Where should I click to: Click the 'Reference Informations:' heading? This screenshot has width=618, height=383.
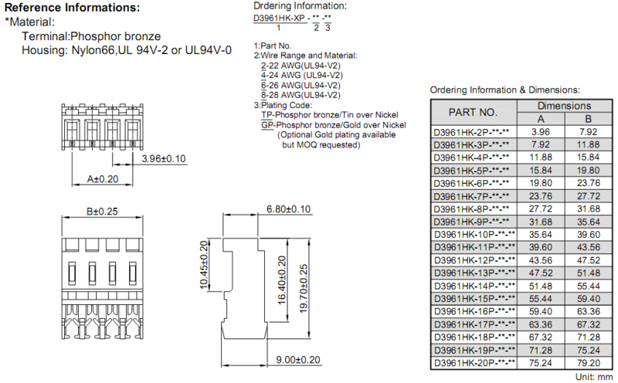pos(72,8)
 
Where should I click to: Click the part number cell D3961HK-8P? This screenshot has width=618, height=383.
pos(471,208)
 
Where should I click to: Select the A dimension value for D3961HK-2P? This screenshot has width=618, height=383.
pos(540,131)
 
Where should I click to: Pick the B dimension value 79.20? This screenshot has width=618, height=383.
pos(588,363)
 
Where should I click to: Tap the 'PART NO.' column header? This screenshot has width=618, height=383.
pos(473,112)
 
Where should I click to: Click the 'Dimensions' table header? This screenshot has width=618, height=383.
pos(564,106)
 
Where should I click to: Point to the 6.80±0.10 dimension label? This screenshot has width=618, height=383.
pos(288,208)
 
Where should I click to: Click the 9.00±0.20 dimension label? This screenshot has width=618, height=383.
pos(298,360)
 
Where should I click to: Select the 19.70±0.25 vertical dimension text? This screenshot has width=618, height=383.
pos(304,289)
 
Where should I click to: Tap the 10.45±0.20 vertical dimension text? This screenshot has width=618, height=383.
pos(203,265)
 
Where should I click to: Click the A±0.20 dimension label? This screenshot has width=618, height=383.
pos(103,179)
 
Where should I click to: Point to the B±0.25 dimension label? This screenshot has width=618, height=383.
pos(102,212)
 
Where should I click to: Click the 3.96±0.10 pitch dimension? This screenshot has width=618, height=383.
pos(164,158)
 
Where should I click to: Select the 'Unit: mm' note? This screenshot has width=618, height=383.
pos(593,377)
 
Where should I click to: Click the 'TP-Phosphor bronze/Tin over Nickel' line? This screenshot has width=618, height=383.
pos(330,114)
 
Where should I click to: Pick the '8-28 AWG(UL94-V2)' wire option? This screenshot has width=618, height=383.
pos(301,95)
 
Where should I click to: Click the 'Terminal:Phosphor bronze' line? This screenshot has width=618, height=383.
pos(91,36)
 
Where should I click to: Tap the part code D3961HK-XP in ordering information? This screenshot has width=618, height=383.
pos(279,18)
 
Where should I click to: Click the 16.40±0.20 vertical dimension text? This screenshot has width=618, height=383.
pos(282,280)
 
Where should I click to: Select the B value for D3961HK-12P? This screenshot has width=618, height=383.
pos(588,260)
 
